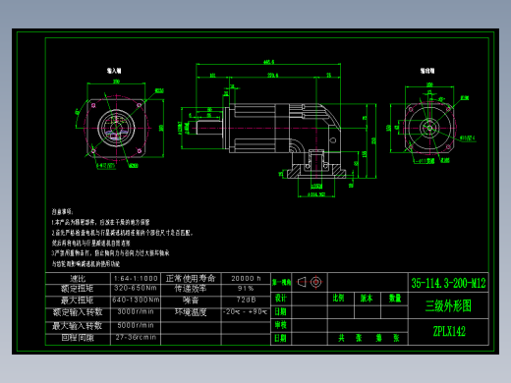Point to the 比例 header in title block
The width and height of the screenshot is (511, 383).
click(x=340, y=297)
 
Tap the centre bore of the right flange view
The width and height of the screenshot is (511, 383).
click(x=428, y=131)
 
